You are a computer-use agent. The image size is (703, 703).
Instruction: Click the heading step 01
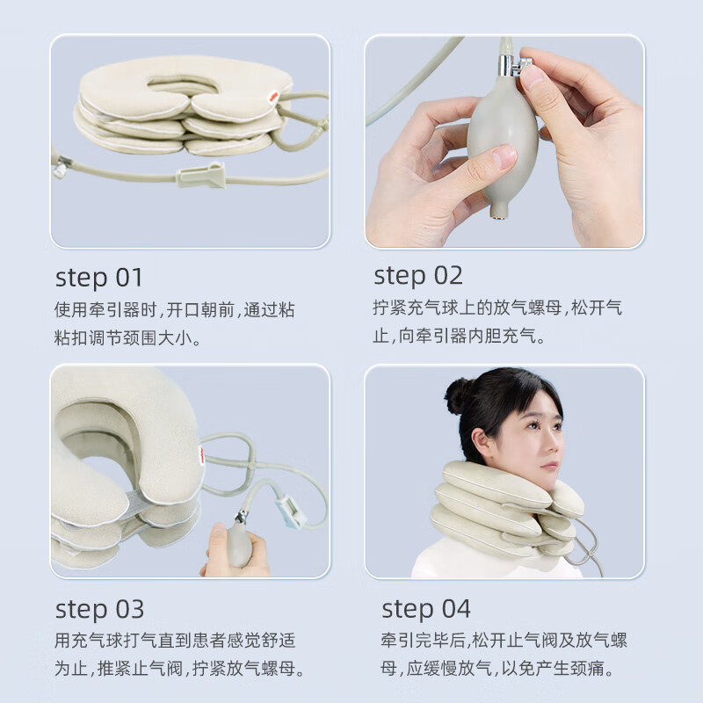pyautogui.click(x=99, y=279)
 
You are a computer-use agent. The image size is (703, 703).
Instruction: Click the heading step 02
pyautogui.click(x=418, y=276)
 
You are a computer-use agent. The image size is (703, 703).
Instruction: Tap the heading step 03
pyautogui.click(x=99, y=610)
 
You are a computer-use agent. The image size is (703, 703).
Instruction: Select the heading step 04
pyautogui.click(x=426, y=609)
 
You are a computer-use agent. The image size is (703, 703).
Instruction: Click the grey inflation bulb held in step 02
pyautogui.click(x=502, y=143)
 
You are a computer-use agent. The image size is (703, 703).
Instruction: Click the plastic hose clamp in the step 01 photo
pyautogui.click(x=202, y=174)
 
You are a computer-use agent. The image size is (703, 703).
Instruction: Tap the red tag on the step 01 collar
pyautogui.click(x=273, y=96)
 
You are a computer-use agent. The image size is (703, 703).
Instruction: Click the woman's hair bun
pyautogui.click(x=457, y=395)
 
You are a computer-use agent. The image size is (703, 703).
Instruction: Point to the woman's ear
pyautogui.click(x=482, y=439)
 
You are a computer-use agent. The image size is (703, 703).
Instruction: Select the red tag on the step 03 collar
pyautogui.click(x=202, y=455)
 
